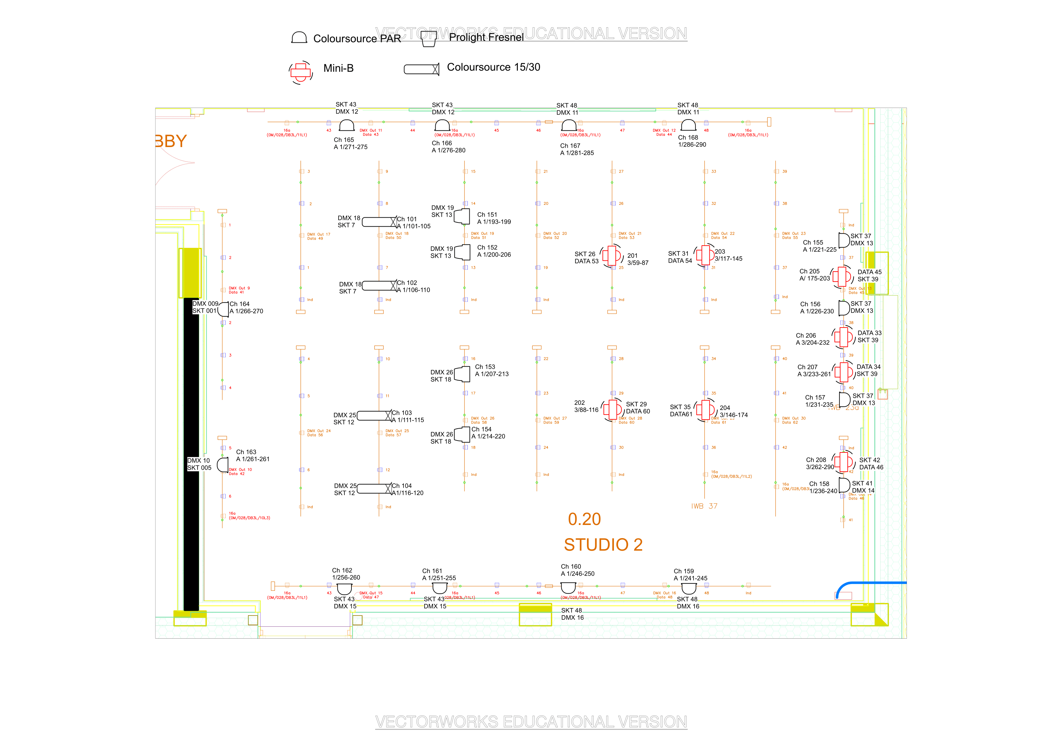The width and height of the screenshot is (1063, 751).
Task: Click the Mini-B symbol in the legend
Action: click(x=300, y=72)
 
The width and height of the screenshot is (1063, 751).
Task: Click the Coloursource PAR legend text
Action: click(x=357, y=39)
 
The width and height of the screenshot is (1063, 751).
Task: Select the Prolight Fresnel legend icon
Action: click(x=429, y=39)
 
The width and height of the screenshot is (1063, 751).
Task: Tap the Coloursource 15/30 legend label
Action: click(x=493, y=67)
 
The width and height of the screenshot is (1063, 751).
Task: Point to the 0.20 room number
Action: click(x=584, y=519)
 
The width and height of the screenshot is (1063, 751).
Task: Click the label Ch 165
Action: click(x=343, y=140)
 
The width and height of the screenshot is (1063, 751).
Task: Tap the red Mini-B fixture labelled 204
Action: click(x=705, y=409)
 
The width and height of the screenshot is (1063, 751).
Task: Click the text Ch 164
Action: click(x=239, y=304)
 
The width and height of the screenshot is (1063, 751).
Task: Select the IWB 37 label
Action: click(x=704, y=506)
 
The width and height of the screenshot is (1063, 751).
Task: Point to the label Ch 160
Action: click(x=571, y=566)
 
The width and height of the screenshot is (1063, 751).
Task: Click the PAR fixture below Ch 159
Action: click(x=688, y=588)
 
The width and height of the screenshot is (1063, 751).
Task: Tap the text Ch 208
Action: click(x=816, y=460)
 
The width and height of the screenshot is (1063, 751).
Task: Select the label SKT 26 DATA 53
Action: click(x=586, y=258)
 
